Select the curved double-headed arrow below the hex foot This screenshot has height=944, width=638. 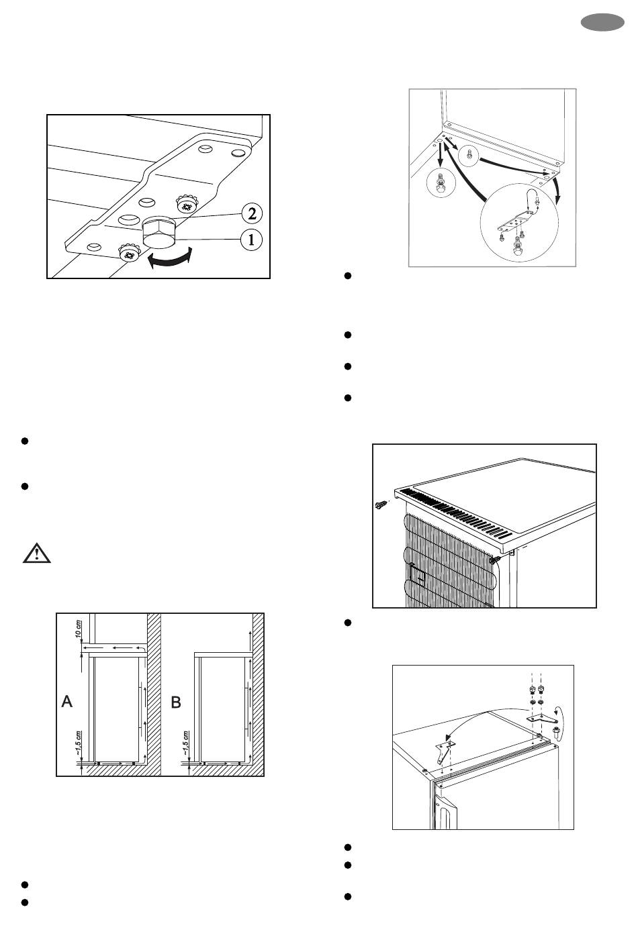pyautogui.click(x=170, y=260)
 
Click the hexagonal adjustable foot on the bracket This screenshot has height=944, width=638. pyautogui.click(x=160, y=235)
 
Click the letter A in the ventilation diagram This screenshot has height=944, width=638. pyautogui.click(x=67, y=702)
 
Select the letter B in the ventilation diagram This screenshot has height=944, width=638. pyautogui.click(x=176, y=702)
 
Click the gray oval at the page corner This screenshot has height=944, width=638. pyautogui.click(x=602, y=25)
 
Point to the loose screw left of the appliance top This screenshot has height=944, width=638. pyautogui.click(x=381, y=503)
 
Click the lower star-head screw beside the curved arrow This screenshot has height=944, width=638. pyautogui.click(x=127, y=254)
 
